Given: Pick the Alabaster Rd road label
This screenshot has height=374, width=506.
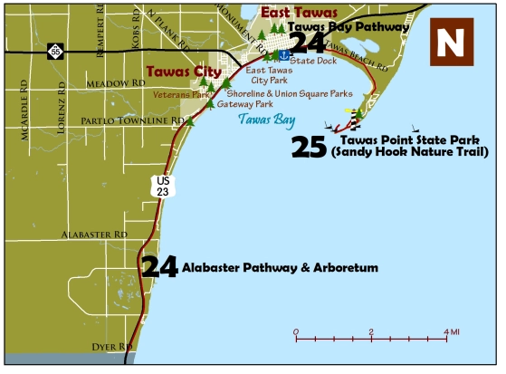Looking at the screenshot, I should (x=94, y=234).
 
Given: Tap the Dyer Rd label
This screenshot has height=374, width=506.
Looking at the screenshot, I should (x=113, y=346).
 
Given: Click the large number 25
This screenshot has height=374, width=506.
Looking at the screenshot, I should (x=310, y=148).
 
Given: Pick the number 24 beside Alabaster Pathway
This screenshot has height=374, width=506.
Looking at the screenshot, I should (x=159, y=266).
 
